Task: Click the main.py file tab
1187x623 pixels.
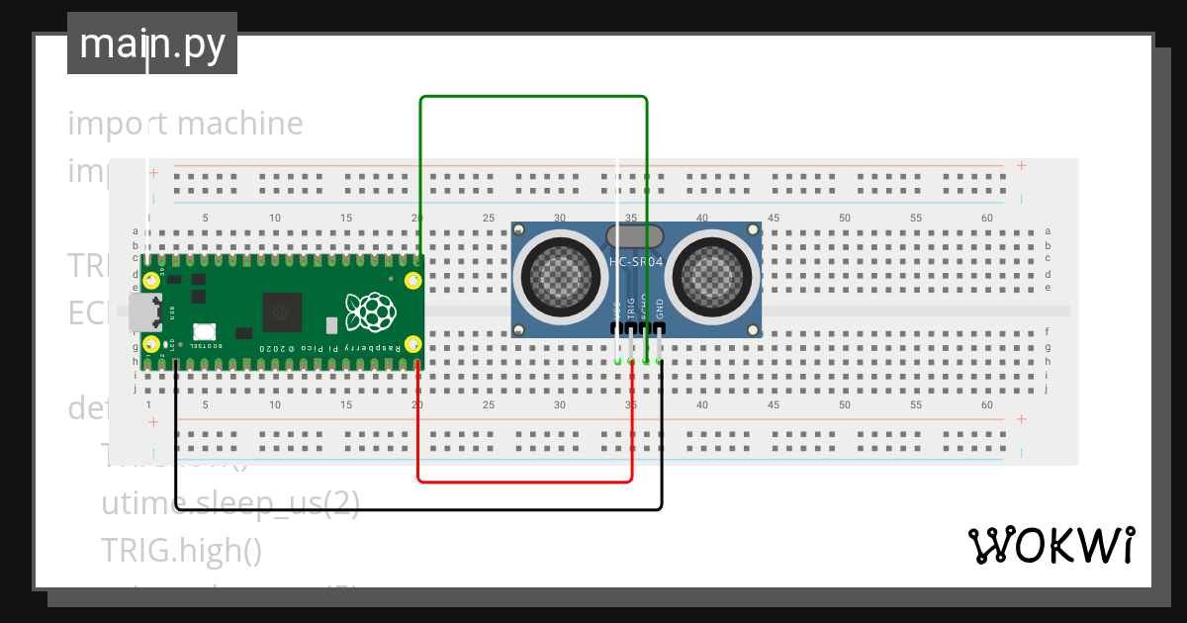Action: (151, 44)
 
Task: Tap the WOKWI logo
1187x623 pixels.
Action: (1050, 545)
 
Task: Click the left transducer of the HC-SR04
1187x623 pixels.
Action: (561, 274)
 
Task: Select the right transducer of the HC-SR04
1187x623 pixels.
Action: (713, 274)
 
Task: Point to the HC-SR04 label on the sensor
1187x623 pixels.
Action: (636, 262)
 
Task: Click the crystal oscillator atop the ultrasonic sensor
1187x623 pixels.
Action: (634, 235)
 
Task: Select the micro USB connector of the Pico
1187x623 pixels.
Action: (143, 312)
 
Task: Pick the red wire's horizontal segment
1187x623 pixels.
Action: (524, 482)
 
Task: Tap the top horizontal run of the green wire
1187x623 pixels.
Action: (533, 97)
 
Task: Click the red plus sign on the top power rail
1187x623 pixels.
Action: (1022, 166)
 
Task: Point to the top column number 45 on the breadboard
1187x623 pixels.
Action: (773, 218)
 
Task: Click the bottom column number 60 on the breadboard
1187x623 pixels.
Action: (986, 405)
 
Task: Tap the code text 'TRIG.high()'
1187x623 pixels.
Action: (181, 550)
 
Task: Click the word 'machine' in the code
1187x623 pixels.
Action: (240, 124)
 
